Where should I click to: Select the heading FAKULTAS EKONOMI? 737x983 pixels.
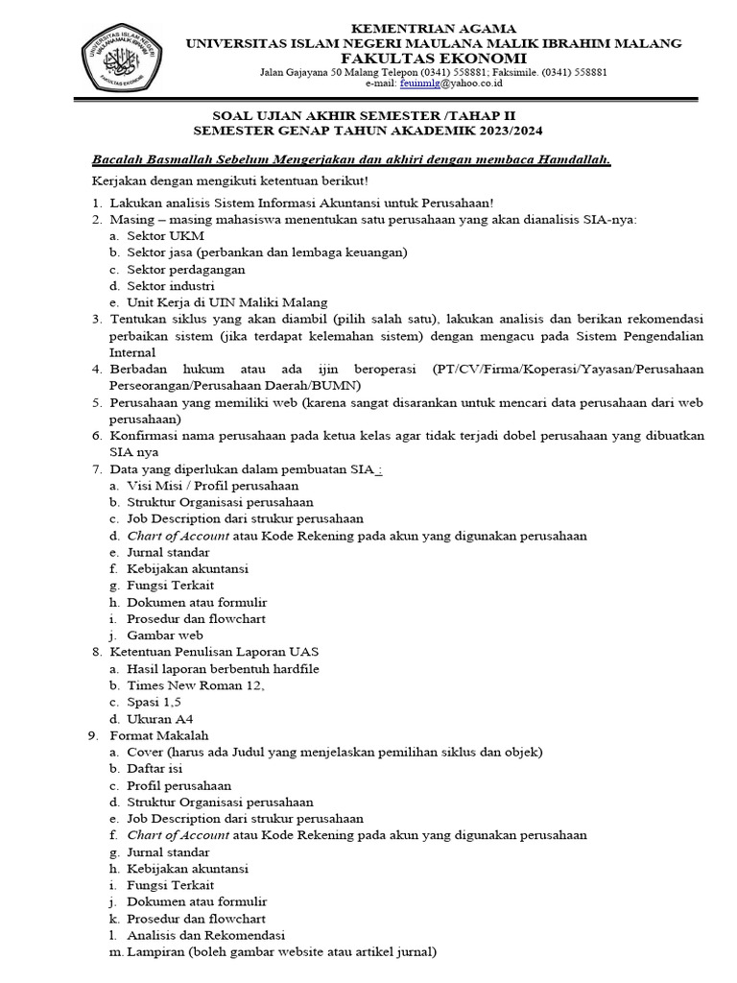coord(434,58)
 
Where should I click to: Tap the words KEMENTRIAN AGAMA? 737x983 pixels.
coord(434,29)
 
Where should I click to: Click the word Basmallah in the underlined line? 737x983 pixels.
coord(173,159)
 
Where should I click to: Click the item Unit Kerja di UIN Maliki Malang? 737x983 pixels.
coord(226,301)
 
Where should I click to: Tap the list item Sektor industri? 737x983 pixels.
coord(170,285)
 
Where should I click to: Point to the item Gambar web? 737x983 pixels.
coord(164,635)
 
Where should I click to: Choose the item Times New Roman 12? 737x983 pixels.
coord(195,684)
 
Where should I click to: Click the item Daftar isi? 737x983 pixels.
coord(154,768)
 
